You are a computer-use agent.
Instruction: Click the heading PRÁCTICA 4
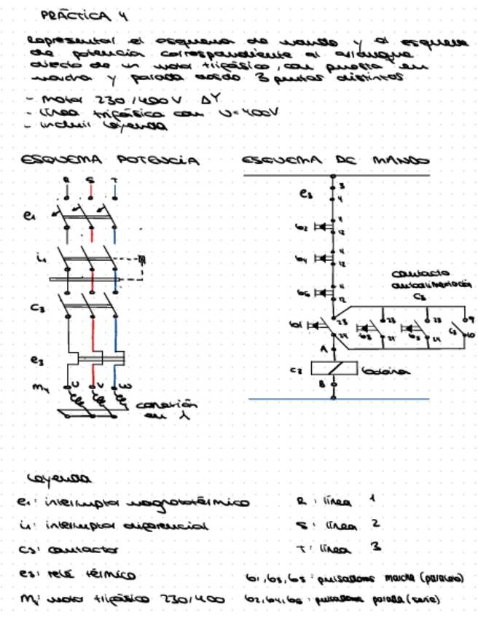tap(76, 15)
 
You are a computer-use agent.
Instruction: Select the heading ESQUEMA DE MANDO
tap(335, 160)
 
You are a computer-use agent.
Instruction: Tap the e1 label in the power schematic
tap(30, 216)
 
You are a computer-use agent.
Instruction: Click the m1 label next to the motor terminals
tap(39, 387)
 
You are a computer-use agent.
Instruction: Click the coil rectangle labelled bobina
tap(334, 369)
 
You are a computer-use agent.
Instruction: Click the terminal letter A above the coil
tap(324, 349)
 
